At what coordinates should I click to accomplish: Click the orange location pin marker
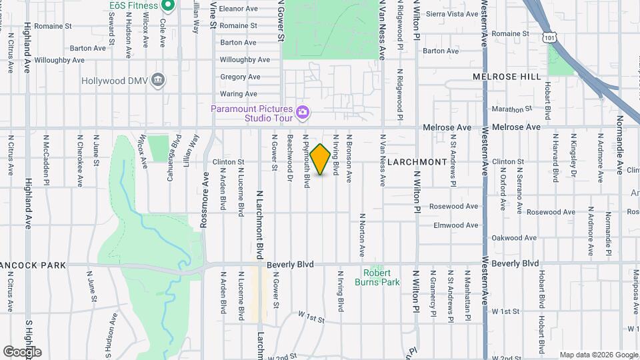(x=321, y=159)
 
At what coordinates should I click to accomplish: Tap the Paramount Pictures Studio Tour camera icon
(x=302, y=111)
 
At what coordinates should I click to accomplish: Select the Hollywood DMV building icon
(x=158, y=81)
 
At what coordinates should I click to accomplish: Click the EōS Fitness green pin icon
(x=168, y=5)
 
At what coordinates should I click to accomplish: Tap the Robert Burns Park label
(x=381, y=277)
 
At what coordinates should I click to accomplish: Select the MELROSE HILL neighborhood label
(x=507, y=77)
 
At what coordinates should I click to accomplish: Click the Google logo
(x=22, y=351)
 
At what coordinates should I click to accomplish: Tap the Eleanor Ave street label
(x=238, y=9)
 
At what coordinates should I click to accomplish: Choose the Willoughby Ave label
(x=244, y=60)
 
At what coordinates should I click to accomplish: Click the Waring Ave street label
(x=238, y=95)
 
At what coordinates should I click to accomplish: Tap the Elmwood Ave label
(x=456, y=225)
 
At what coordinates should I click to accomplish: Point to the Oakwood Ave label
(x=513, y=238)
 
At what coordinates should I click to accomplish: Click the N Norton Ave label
(x=363, y=235)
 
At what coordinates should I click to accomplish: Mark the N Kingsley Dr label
(x=573, y=158)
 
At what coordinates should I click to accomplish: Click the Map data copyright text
(x=597, y=355)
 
